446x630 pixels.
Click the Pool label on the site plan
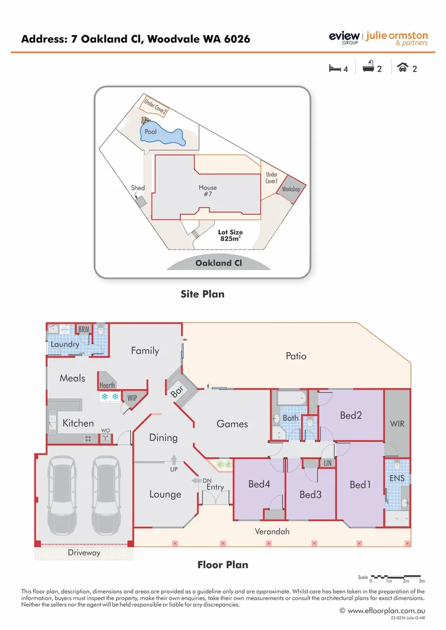tap(151, 132)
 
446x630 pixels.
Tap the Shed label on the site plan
tap(138, 188)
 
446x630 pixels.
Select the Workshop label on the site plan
tap(291, 190)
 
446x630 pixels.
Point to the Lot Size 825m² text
tap(231, 236)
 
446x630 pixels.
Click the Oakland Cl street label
tap(218, 263)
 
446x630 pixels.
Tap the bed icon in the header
tap(334, 68)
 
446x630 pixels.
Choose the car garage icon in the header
tap(402, 68)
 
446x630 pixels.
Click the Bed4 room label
tap(259, 484)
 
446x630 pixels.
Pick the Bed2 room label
tap(351, 415)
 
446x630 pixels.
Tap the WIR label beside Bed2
tap(398, 424)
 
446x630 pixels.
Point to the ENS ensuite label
tap(397, 478)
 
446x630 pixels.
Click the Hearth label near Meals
tap(107, 385)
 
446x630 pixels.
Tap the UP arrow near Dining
tap(174, 461)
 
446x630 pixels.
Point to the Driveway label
tap(84, 552)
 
